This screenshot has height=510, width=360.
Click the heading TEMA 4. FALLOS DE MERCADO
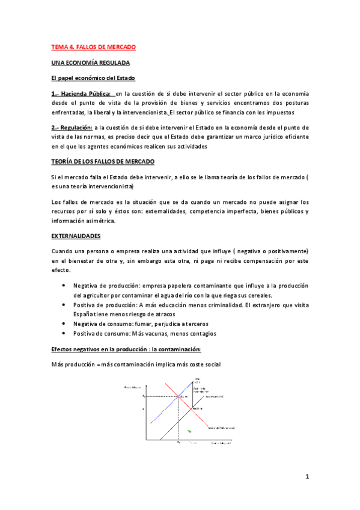point(93,46)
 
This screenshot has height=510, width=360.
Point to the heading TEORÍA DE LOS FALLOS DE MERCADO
point(102,162)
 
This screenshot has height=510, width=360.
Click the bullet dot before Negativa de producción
point(63,286)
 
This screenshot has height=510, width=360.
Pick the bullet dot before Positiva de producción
point(63,305)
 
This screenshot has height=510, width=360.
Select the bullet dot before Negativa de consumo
point(63,324)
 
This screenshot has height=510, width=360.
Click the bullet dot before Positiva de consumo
point(63,333)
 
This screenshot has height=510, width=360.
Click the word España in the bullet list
point(84,314)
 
